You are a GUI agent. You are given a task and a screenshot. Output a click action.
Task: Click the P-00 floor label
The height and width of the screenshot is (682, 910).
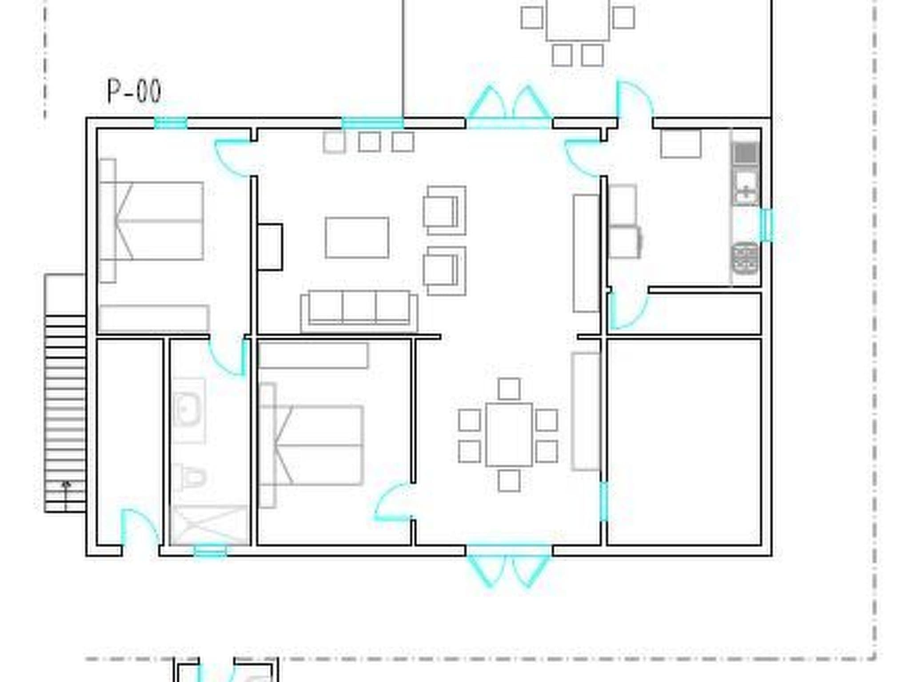click(134, 92)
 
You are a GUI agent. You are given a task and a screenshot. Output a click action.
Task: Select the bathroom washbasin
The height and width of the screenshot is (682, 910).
click(189, 410)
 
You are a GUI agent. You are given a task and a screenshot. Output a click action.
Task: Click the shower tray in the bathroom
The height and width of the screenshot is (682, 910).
click(209, 525)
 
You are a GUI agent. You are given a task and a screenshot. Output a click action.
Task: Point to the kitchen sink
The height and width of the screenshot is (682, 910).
click(746, 187)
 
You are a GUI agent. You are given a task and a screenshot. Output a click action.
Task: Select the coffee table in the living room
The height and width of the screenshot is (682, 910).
click(357, 238)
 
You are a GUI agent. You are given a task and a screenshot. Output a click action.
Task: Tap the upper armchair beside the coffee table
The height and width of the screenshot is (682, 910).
click(444, 210)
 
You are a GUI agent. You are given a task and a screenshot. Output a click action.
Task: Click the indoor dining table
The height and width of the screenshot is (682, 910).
click(509, 435)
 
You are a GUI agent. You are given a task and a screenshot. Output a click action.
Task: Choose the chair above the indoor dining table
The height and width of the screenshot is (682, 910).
click(509, 389)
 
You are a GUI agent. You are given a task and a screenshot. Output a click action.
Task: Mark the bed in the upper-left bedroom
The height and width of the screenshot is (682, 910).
click(152, 221)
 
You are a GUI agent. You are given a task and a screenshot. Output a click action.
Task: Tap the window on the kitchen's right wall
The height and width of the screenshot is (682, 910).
click(766, 225)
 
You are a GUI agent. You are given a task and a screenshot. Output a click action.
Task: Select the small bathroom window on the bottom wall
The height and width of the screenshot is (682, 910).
click(210, 551)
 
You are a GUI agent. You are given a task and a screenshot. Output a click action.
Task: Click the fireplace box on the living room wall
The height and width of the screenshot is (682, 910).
click(270, 247)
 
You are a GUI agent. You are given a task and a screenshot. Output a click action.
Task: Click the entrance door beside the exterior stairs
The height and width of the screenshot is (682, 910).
click(140, 531)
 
